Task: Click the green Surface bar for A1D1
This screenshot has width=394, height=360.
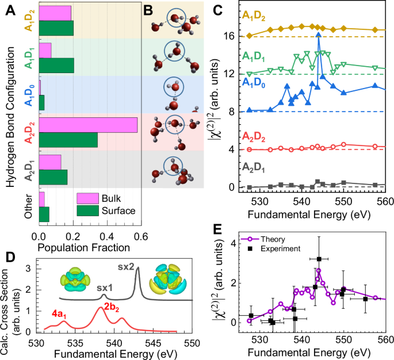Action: click(56, 65)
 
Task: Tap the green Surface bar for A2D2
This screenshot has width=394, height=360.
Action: click(68, 140)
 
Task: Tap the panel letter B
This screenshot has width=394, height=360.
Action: click(148, 8)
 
